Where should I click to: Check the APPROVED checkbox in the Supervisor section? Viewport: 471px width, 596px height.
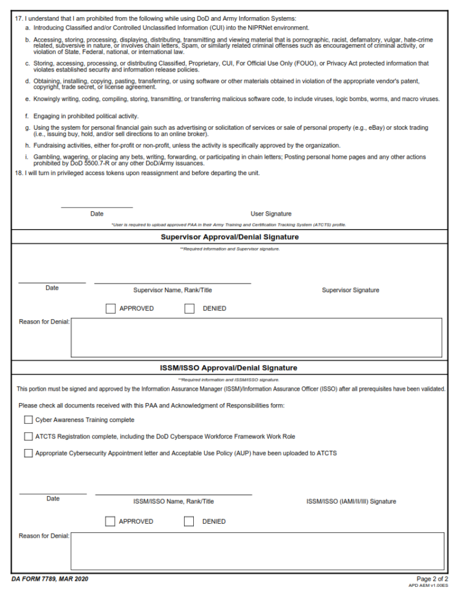tap(110, 309)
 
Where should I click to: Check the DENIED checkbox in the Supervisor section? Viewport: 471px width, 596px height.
tap(190, 309)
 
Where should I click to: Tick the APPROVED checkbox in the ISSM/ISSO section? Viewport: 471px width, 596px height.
tap(110, 521)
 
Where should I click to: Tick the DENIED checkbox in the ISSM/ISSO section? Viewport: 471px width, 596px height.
tap(190, 521)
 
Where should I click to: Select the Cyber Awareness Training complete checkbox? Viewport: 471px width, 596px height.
tap(28, 420)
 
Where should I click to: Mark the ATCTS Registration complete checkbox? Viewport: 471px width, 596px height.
tap(28, 437)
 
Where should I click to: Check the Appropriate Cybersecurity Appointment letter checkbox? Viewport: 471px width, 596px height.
tap(28, 453)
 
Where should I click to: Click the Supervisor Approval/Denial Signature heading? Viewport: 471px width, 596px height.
tap(229, 237)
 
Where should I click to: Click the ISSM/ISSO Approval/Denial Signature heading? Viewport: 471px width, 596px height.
tap(228, 368)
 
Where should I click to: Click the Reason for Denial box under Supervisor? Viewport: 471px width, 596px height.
tap(256, 337)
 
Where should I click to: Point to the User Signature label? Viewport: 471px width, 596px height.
tap(271, 214)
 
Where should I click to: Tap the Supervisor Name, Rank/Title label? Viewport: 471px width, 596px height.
tap(172, 290)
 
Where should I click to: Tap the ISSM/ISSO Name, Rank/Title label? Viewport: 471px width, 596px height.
tap(174, 502)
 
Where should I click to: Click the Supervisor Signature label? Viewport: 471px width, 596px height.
tap(350, 290)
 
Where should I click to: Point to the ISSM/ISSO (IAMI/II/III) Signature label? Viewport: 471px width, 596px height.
tap(351, 502)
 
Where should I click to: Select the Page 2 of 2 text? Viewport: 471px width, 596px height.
tap(432, 579)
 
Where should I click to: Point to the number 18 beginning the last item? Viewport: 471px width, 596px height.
tap(18, 173)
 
